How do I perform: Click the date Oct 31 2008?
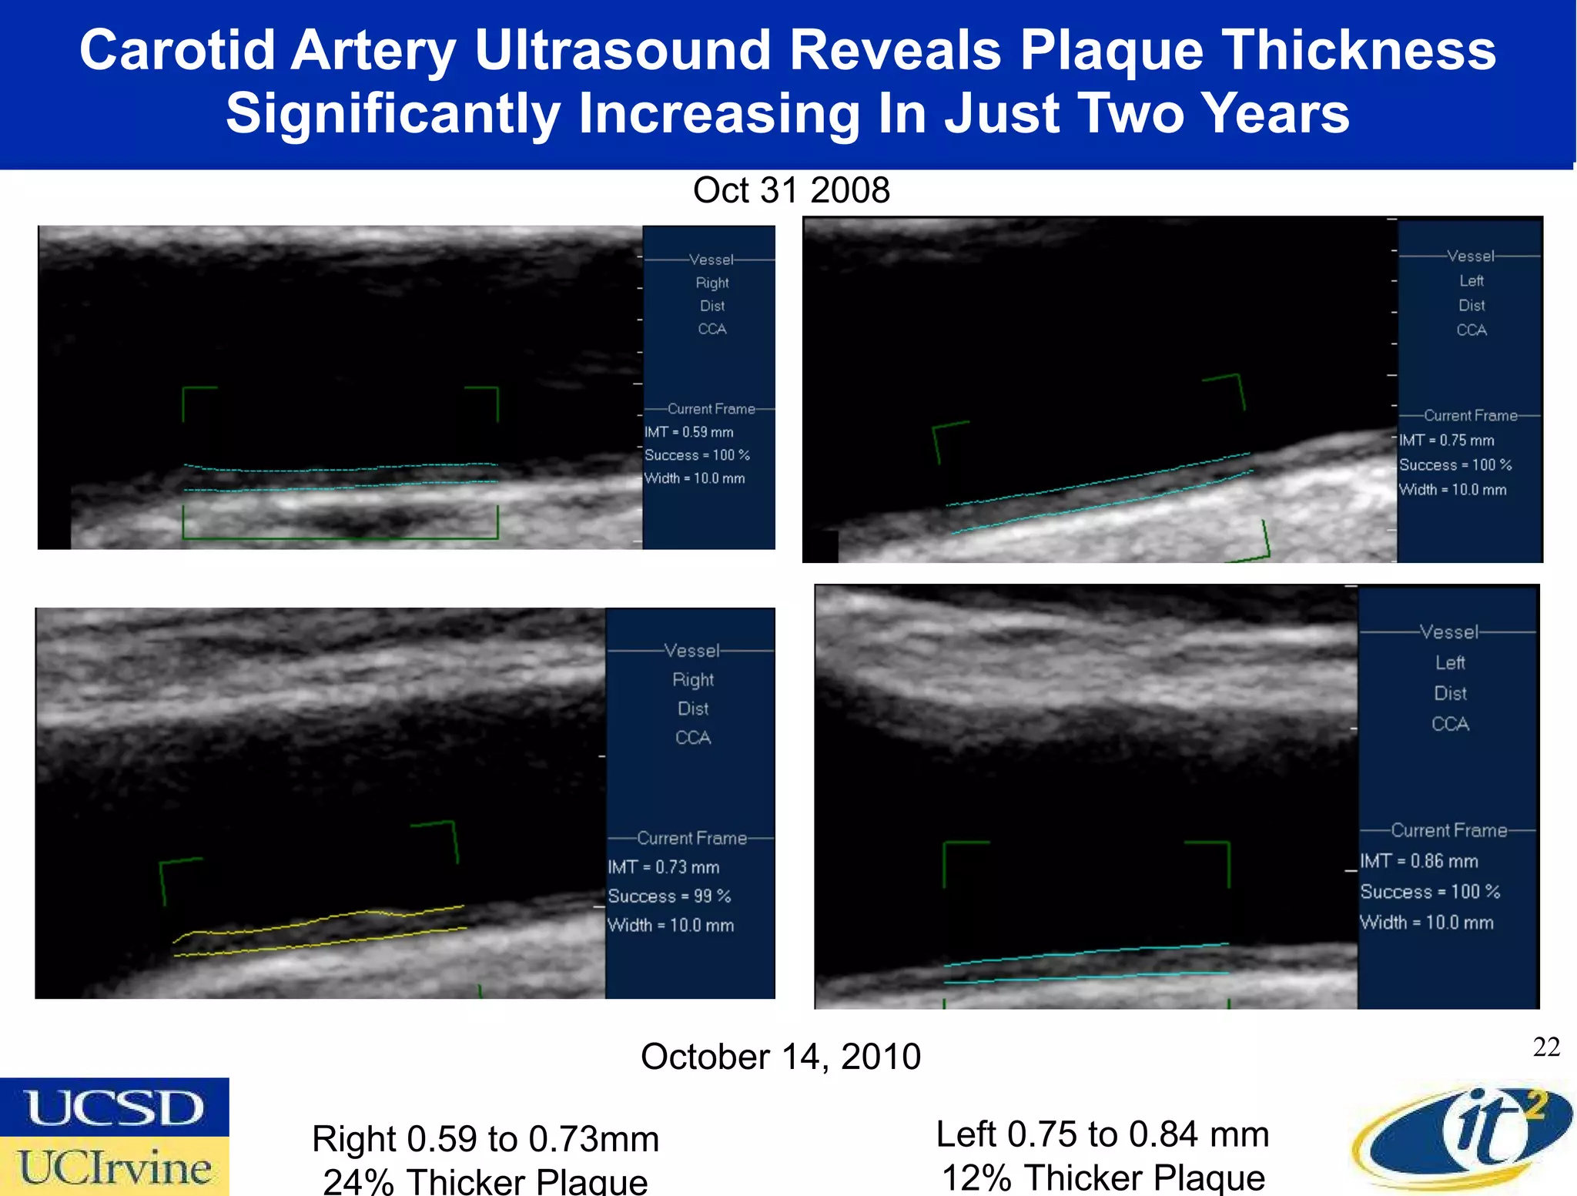pos(791,190)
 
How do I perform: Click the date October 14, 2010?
pos(780,1056)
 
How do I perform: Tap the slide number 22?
pos(1546,1047)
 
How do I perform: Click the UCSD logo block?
pos(115,1107)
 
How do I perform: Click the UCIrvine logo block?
pos(115,1167)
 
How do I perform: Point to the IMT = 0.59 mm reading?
pos(689,432)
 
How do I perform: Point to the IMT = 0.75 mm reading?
pos(1446,441)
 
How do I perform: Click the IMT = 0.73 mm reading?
pos(663,867)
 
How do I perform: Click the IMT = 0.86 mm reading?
pos(1418,861)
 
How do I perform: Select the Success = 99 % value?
pos(668,896)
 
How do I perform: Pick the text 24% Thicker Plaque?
pos(485,1181)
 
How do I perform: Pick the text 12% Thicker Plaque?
pos(1103,1178)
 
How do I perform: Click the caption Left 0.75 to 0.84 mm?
pos(1102,1134)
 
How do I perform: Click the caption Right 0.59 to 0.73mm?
pos(485,1139)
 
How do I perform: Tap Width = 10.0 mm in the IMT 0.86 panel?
pos(1426,923)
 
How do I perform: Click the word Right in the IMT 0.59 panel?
pos(712,283)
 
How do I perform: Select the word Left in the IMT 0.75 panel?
pos(1471,281)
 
